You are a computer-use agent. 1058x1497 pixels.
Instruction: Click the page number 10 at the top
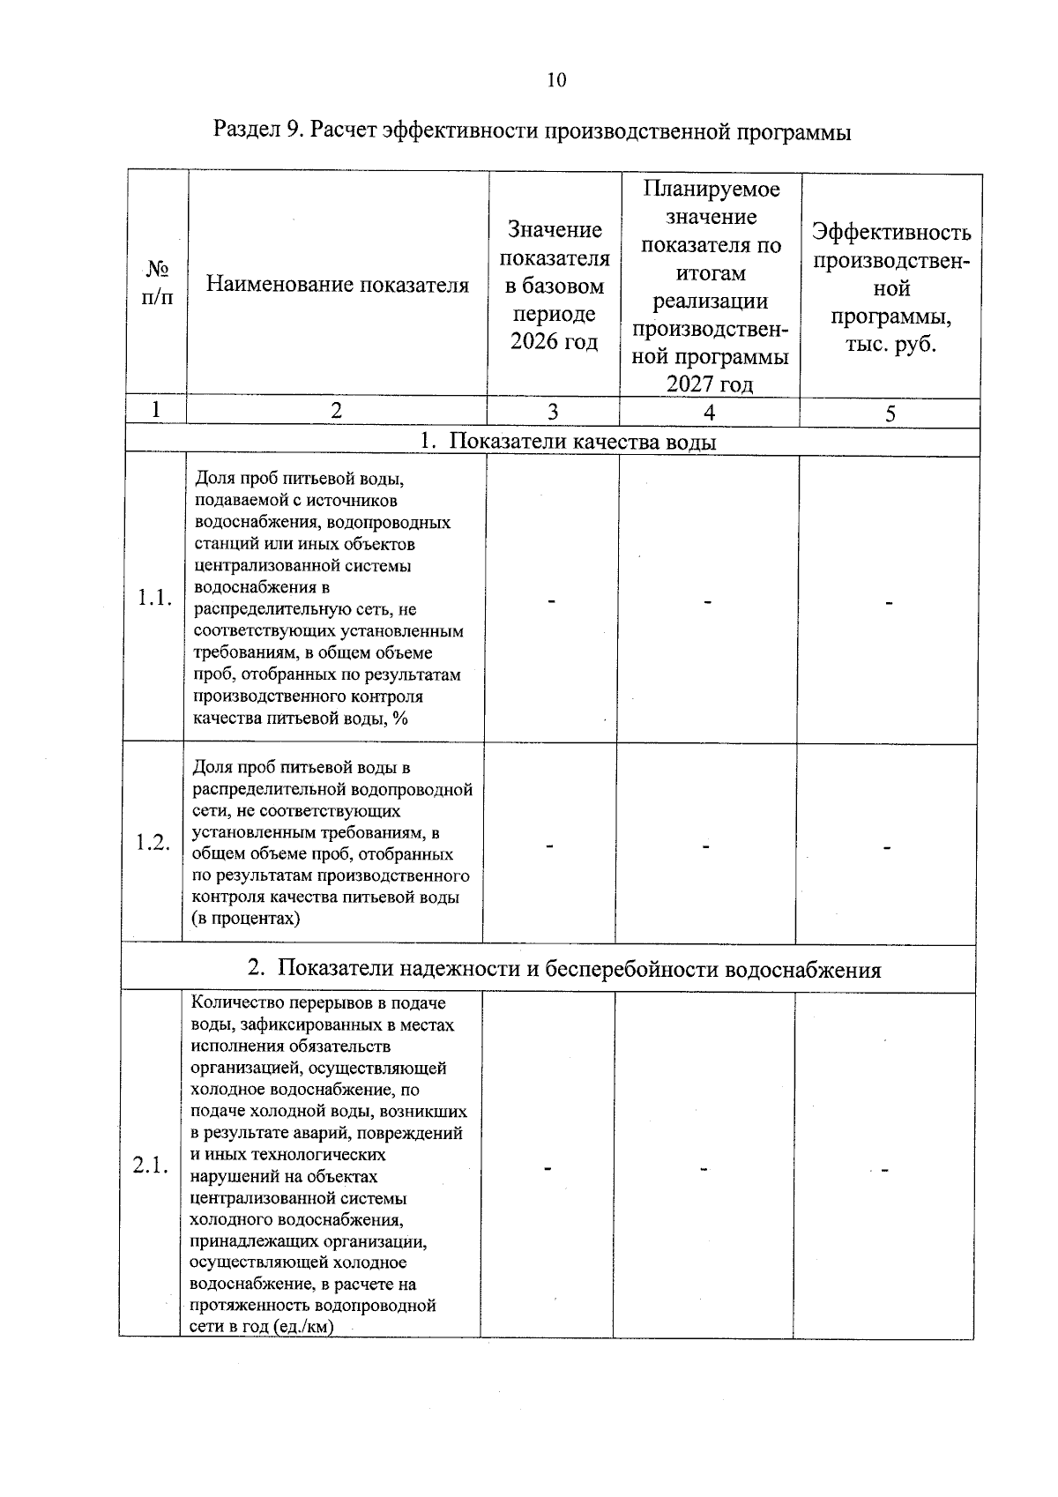coord(556,80)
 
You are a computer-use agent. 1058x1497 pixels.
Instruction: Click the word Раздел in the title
coord(247,131)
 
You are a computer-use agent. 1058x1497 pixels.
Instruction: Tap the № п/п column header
coord(157,282)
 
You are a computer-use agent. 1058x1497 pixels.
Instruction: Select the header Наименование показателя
coord(338,284)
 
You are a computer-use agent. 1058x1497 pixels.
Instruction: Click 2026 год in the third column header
coord(554,341)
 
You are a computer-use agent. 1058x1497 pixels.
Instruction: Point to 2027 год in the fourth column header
coord(710,384)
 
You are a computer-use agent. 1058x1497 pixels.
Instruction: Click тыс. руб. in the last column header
coord(890,345)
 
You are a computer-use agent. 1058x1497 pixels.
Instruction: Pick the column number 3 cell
coord(553,412)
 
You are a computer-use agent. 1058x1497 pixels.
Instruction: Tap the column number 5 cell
coord(890,413)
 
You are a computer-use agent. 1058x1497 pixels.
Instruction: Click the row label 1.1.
coord(154,599)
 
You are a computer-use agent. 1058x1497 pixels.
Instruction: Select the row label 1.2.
coord(153,843)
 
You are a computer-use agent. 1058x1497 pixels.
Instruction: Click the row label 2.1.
coord(151,1166)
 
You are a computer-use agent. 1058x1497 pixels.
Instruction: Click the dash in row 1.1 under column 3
coord(552,601)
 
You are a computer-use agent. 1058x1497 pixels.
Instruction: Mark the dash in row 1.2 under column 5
coord(887,847)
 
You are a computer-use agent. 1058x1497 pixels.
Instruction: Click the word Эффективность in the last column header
coord(890,233)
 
